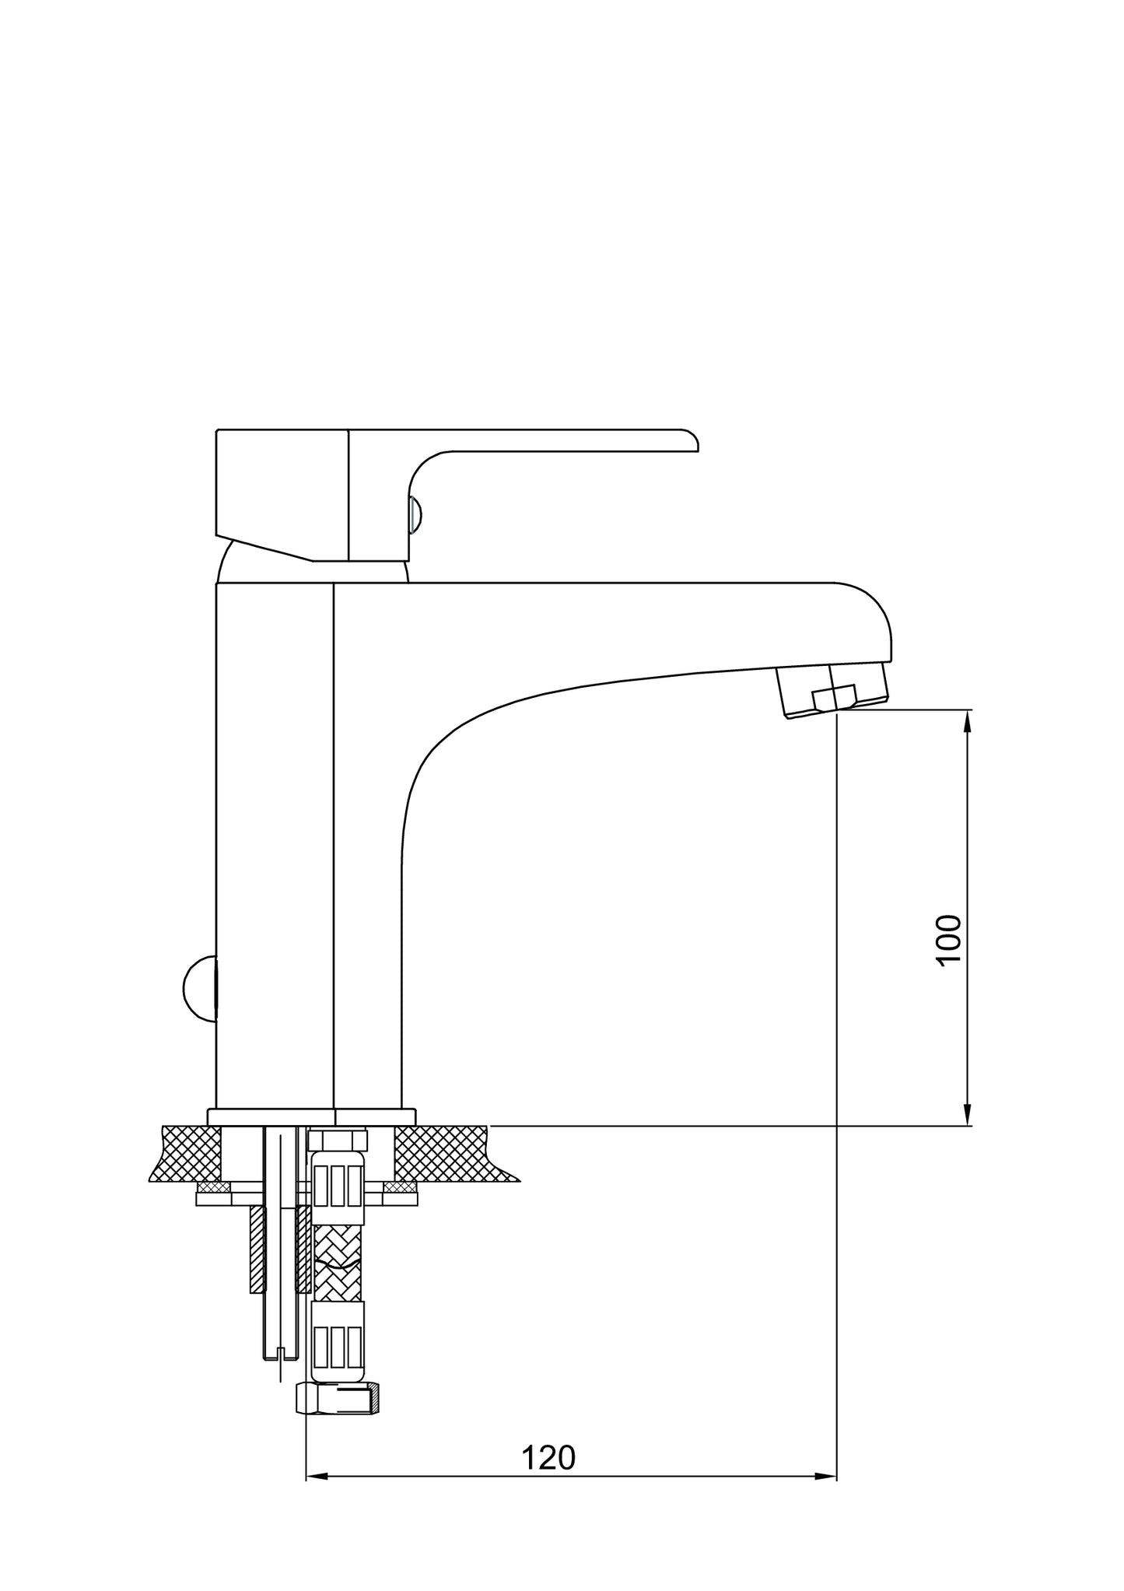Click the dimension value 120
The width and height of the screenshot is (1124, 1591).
click(548, 1458)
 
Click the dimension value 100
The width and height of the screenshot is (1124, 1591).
click(949, 940)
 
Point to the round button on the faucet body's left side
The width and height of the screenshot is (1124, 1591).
click(200, 988)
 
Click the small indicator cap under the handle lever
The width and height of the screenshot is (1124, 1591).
click(415, 515)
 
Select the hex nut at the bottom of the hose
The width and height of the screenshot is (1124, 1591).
click(338, 1400)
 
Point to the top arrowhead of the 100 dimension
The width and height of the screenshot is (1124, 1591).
click(968, 721)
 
